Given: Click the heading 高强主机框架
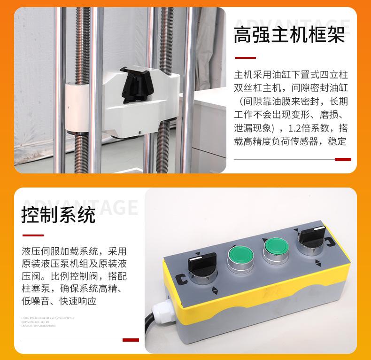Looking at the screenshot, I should tap(289, 36).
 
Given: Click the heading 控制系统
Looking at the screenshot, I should tap(58, 215).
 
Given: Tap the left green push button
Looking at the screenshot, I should tap(240, 257).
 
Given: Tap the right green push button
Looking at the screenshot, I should tap(276, 247).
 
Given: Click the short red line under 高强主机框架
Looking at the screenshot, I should tap(245, 58).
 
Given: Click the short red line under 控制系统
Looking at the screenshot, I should tap(33, 235).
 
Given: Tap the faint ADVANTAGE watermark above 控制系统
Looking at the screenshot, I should tap(80, 206).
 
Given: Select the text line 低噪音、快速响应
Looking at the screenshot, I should tap(59, 301).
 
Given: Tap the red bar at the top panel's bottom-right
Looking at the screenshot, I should tap(343, 159).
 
